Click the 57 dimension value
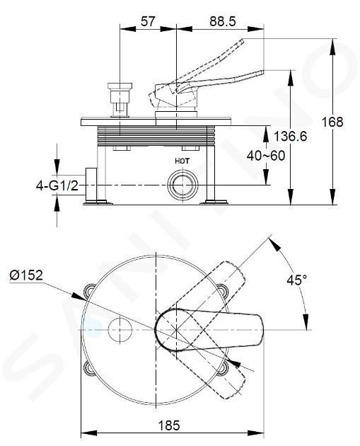(148, 21)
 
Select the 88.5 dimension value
(223, 21)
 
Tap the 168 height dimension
(332, 122)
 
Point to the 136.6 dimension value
(290, 137)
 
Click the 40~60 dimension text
(266, 156)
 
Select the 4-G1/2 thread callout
(57, 185)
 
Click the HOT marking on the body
(182, 161)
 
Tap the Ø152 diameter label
(26, 275)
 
